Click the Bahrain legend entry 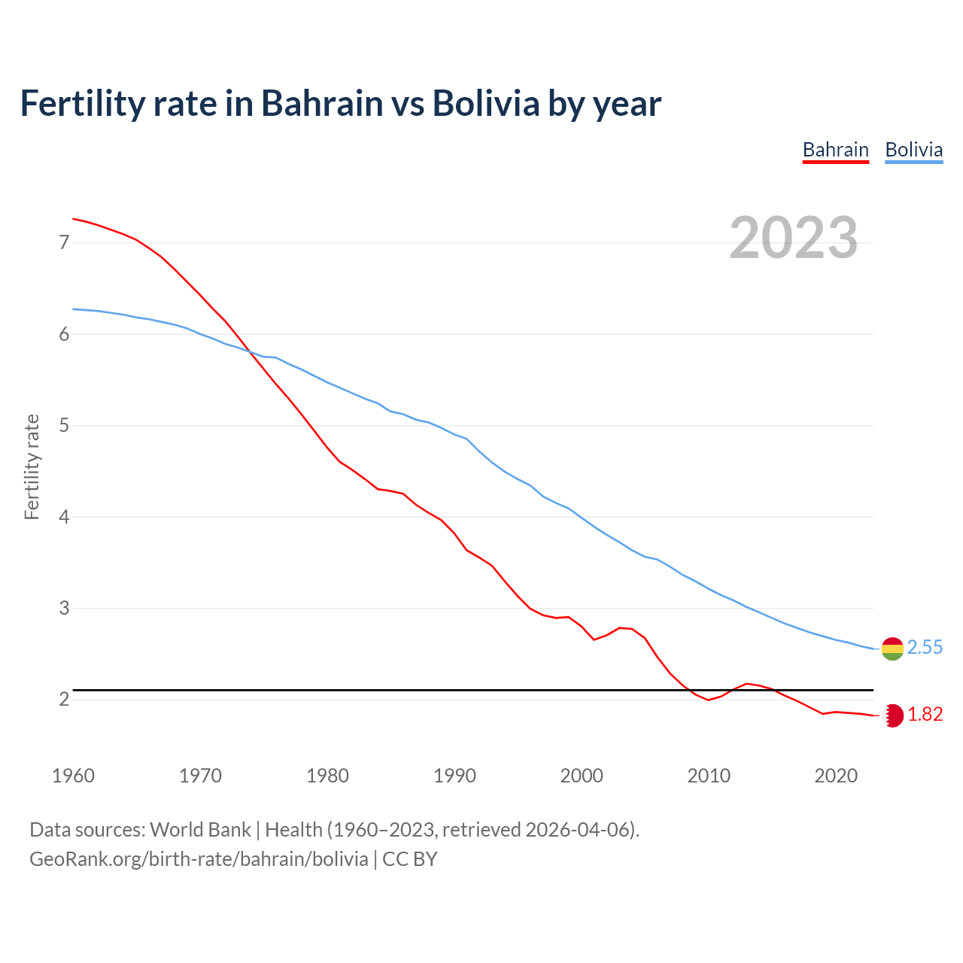click(835, 150)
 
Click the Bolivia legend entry click(913, 150)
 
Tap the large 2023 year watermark click(794, 238)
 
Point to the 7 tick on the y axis click(64, 243)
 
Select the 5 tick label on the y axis click(64, 426)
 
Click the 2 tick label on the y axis click(64, 700)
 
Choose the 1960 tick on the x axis click(73, 776)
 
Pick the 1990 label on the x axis click(454, 776)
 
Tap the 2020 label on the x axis click(836, 776)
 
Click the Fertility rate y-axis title click(32, 466)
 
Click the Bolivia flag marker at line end click(892, 648)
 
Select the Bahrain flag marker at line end click(892, 715)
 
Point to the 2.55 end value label click(925, 648)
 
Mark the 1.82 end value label click(925, 715)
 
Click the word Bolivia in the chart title click(486, 104)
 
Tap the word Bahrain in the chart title click(322, 104)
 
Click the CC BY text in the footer click(410, 859)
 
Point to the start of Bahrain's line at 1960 click(73, 219)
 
